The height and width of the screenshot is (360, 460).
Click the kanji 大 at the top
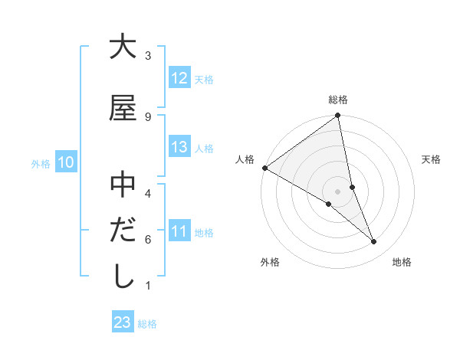pos(123,47)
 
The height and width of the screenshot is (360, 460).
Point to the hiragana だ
pos(123,231)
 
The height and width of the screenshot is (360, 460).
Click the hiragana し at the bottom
pos(123,277)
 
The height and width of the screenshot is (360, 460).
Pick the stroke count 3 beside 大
pos(148,56)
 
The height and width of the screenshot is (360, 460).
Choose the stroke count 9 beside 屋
pos(148,116)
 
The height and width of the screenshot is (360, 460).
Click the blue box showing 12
pos(179,78)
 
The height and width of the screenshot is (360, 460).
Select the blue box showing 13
pos(179,147)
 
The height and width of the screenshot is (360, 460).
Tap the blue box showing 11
pos(179,231)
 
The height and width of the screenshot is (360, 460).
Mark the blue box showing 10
pos(65,162)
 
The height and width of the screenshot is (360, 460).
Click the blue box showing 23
pos(122,322)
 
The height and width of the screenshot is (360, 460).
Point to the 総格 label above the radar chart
pos(338,100)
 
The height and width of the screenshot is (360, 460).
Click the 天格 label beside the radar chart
pos(432,159)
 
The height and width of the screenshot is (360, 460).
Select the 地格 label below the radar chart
pos(402,262)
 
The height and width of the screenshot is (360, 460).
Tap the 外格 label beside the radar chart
pos(270,262)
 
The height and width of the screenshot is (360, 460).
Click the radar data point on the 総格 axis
pos(338,116)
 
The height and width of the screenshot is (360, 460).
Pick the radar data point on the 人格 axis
pos(264,168)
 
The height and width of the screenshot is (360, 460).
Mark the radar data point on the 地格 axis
pos(374,242)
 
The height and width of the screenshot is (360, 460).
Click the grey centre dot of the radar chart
pos(338,191)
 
